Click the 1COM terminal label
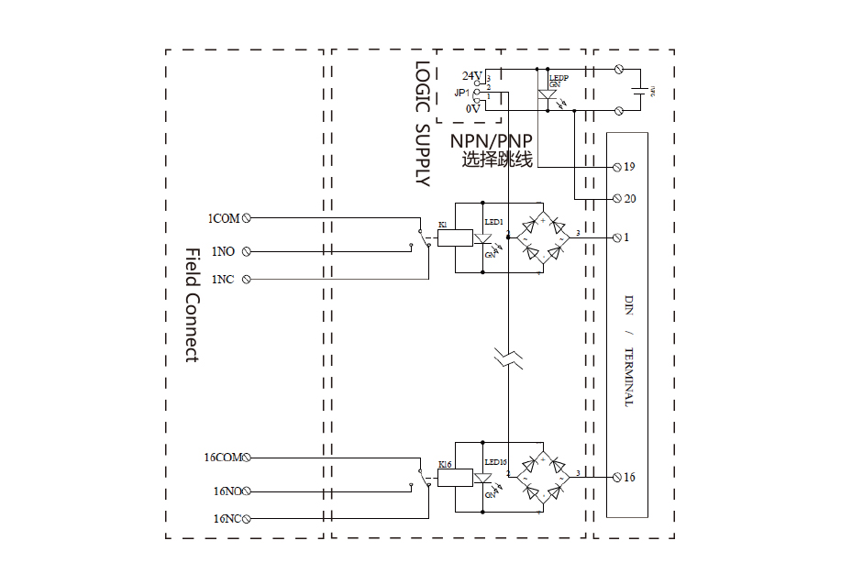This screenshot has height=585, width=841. [224, 218]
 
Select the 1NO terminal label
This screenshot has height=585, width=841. [223, 250]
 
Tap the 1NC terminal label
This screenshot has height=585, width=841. [223, 279]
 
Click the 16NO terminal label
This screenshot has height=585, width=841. [226, 491]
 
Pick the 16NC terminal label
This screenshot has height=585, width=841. [226, 518]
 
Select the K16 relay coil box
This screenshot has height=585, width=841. [455, 478]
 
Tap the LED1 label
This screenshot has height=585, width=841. [493, 222]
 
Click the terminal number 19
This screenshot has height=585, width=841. [629, 167]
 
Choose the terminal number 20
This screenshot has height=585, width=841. [629, 198]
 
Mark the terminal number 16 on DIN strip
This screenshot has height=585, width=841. [629, 477]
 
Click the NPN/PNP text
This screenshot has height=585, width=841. [492, 141]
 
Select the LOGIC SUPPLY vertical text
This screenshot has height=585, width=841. [421, 124]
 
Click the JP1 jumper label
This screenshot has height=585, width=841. [461, 93]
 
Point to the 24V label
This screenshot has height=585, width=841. [470, 75]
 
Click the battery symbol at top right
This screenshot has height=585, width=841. [639, 90]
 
